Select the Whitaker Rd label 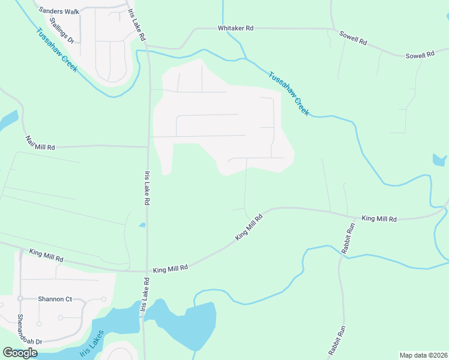236,28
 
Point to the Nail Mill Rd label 40,143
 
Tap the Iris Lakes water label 92,343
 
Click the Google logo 20,353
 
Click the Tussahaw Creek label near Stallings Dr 56,50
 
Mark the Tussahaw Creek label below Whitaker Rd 289,94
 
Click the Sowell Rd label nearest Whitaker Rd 352,39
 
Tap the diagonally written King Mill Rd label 249,228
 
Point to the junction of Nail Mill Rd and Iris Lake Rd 148,146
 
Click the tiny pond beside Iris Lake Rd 142,225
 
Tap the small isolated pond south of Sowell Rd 439,160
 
